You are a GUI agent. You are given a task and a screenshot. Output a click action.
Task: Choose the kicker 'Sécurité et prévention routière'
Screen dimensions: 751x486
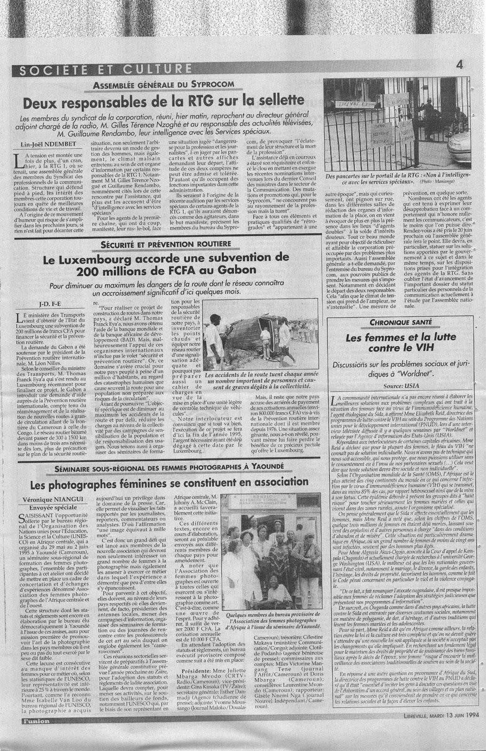(167, 244)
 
